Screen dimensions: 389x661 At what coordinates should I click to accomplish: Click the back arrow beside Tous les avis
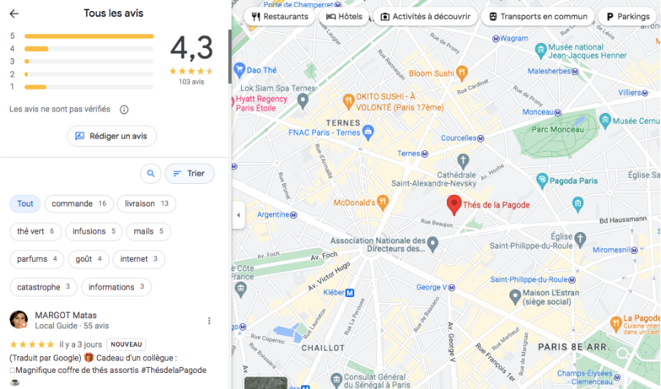14,14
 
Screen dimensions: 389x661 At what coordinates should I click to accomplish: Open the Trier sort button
189,174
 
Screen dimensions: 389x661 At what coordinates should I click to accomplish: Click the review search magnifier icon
150,174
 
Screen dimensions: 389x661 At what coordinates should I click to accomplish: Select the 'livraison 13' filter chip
146,204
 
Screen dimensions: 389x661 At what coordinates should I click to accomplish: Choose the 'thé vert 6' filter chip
36,231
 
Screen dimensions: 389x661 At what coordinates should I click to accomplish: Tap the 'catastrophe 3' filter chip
43,287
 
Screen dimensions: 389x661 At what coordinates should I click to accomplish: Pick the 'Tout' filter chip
26,204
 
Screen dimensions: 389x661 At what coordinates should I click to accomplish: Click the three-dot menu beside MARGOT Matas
209,320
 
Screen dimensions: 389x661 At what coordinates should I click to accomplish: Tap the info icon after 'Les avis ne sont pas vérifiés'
124,109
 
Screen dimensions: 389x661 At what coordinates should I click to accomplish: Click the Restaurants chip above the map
279,17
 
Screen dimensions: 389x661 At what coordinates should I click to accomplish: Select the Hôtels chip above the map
344,17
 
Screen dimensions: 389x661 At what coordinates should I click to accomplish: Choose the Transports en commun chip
537,17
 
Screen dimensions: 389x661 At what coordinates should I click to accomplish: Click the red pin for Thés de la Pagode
454,204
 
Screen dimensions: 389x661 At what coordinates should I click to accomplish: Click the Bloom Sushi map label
431,74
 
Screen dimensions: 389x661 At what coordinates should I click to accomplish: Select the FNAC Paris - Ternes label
324,133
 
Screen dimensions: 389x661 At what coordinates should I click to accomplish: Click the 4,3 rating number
191,48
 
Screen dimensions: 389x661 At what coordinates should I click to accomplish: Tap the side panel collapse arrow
238,215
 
